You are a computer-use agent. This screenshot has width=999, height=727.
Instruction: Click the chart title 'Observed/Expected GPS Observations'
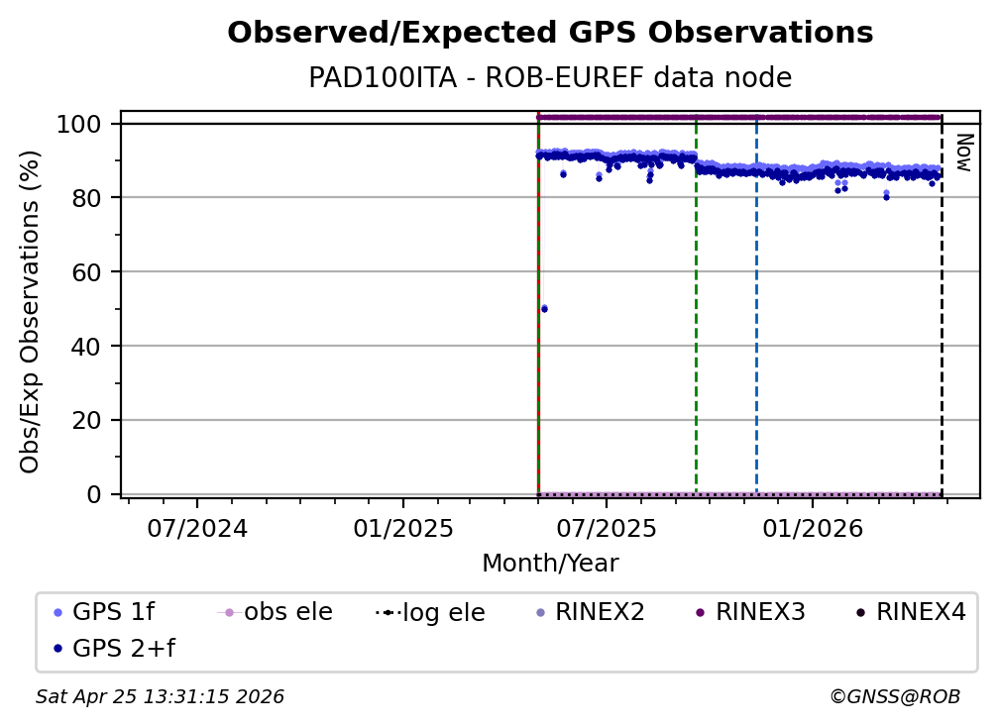point(550,34)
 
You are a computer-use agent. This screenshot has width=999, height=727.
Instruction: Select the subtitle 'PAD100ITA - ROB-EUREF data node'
point(550,78)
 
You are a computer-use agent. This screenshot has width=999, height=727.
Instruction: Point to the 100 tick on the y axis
point(79,124)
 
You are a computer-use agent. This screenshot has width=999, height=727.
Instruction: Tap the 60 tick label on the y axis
point(87,272)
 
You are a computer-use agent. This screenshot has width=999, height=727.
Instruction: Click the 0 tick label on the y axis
point(94,494)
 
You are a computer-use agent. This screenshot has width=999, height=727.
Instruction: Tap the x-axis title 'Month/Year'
point(550,564)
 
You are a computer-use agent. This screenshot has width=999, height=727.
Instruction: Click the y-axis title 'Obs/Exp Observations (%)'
point(30,311)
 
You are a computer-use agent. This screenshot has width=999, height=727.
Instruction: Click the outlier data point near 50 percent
point(544,309)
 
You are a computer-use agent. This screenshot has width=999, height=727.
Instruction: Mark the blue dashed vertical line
point(756,317)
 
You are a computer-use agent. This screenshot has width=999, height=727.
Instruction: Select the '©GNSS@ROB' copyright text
point(894,697)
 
